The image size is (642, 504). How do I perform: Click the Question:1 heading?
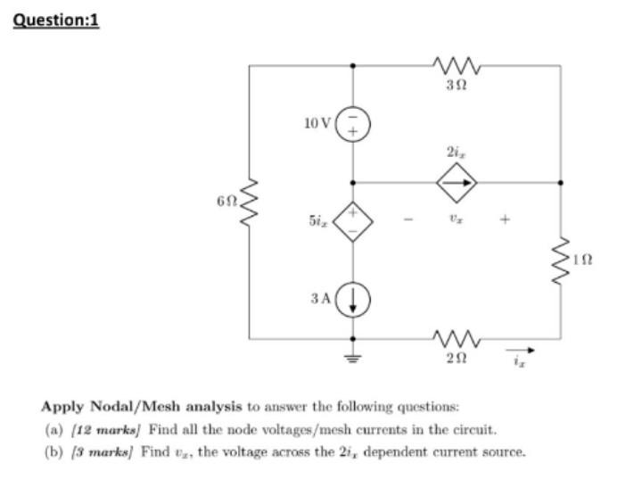pyautogui.click(x=56, y=19)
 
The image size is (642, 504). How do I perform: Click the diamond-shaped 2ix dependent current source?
pyautogui.click(x=456, y=183)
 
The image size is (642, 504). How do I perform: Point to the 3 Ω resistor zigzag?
pyautogui.click(x=456, y=66)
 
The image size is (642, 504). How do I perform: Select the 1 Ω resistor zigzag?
pyautogui.click(x=560, y=259)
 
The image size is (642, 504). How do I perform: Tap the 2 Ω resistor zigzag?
pyautogui.click(x=456, y=339)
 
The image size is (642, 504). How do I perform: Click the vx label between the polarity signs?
pyautogui.click(x=456, y=215)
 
